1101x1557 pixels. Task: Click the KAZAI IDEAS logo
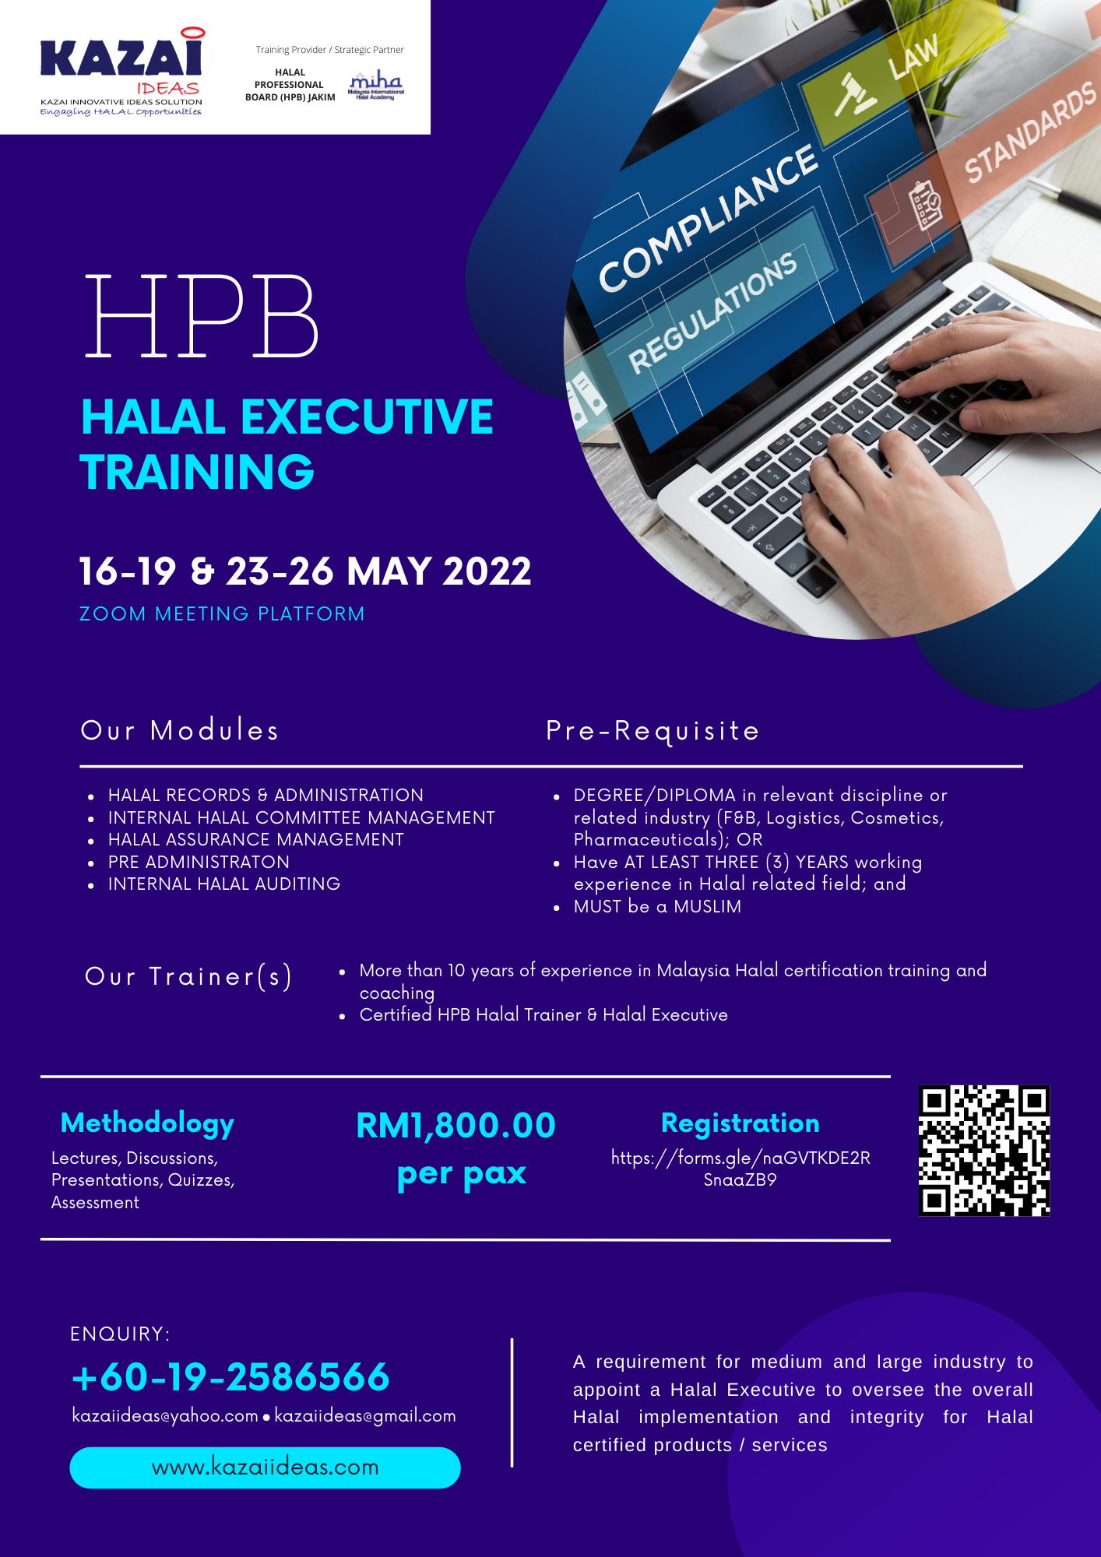122,72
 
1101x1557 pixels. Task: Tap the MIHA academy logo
375,85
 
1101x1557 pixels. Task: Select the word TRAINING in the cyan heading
197,472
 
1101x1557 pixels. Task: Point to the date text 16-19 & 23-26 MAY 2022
305,571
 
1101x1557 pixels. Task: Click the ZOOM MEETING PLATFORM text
222,614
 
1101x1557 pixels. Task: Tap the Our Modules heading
180,730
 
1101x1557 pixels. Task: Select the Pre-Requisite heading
653,731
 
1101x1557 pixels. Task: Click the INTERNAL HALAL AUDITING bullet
224,884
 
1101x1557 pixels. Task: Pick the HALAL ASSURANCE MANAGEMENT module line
256,840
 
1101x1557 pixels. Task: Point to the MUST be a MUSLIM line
657,907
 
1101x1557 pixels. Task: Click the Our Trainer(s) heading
188,976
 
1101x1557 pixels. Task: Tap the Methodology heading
147,1123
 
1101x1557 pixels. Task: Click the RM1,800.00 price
456,1126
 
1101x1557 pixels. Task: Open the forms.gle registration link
740,1169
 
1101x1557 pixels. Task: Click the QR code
984,1150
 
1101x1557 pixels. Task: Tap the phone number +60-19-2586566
230,1377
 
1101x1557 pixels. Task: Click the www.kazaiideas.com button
265,1467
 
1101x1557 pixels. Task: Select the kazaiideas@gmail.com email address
365,1416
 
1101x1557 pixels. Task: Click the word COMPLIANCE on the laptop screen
708,219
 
